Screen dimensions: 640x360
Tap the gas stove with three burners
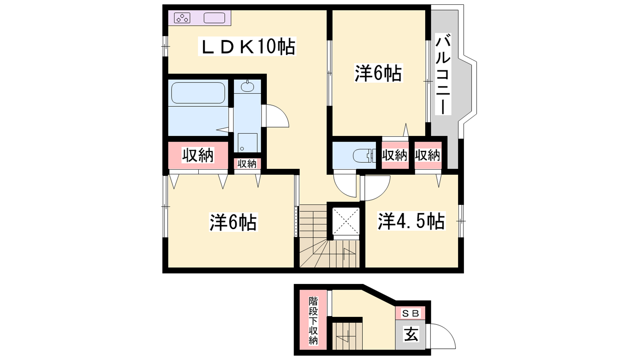pyautogui.click(x=182, y=18)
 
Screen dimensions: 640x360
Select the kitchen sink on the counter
pyautogui.click(x=214, y=18)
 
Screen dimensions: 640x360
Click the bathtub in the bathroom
pyautogui.click(x=198, y=93)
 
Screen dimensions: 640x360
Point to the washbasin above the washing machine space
pyautogui.click(x=247, y=86)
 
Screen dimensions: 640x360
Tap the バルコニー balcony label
pyautogui.click(x=443, y=74)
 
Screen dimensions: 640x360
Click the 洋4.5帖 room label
pyautogui.click(x=411, y=221)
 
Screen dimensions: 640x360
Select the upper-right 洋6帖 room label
pyautogui.click(x=378, y=73)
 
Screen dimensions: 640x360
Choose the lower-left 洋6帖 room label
pyautogui.click(x=233, y=222)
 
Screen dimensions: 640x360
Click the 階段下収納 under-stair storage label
pyautogui.click(x=313, y=320)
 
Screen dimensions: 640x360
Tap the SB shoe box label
pyautogui.click(x=410, y=314)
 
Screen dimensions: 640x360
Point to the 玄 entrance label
pyautogui.click(x=411, y=334)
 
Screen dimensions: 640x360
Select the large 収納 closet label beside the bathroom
pyautogui.click(x=198, y=156)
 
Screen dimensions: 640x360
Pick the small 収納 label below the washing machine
pyautogui.click(x=247, y=164)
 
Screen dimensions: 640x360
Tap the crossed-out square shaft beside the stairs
pyautogui.click(x=346, y=221)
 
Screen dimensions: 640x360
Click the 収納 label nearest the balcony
pyautogui.click(x=428, y=156)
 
